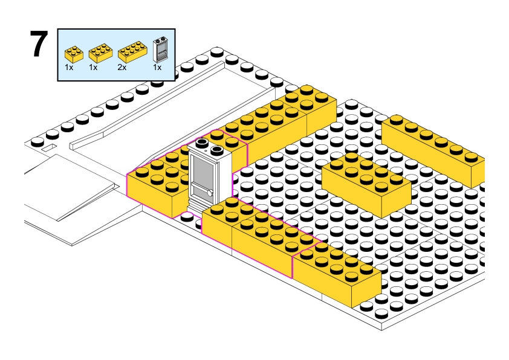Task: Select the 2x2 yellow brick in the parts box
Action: tap(74, 54)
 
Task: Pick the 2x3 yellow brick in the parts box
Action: tap(100, 53)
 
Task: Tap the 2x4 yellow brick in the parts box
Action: tap(132, 52)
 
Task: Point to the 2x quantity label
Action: tap(122, 68)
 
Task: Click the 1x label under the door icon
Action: tap(157, 68)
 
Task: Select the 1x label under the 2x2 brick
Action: tap(69, 68)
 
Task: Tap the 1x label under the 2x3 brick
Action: tap(93, 68)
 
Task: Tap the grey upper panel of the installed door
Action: tap(202, 170)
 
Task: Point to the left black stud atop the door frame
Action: tap(201, 143)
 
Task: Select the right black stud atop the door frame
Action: tap(216, 150)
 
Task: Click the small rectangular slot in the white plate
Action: tap(49, 147)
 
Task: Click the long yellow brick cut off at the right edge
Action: tap(433, 149)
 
